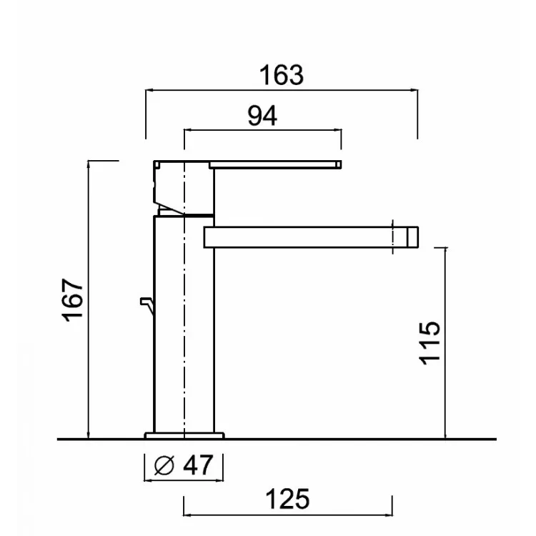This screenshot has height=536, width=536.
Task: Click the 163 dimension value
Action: [x=282, y=75]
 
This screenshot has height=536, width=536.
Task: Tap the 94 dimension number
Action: [x=262, y=116]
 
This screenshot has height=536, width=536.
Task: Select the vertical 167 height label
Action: [x=72, y=300]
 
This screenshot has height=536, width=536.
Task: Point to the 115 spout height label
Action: [x=430, y=343]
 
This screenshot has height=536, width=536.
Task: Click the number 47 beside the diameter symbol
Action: [x=198, y=465]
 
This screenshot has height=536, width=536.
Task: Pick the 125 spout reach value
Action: [x=287, y=499]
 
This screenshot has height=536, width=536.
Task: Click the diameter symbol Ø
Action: [x=164, y=465]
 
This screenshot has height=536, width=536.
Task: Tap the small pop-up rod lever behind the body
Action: [x=147, y=306]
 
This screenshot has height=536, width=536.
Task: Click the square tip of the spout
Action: [x=412, y=237]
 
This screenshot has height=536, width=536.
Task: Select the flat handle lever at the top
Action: [x=275, y=164]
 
